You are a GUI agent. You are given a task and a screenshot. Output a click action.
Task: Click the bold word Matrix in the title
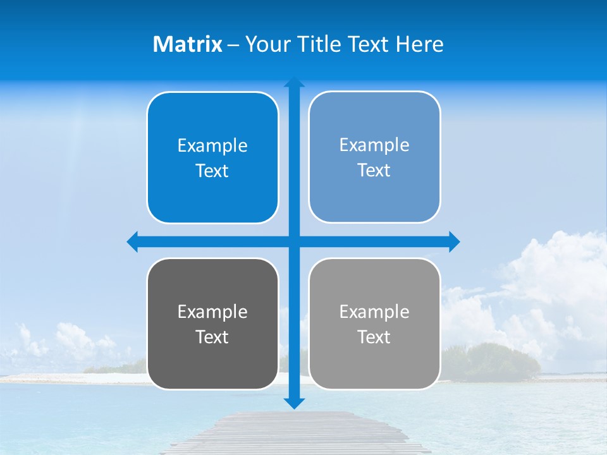[187, 44]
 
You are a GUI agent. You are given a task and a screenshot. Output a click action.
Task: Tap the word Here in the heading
[419, 44]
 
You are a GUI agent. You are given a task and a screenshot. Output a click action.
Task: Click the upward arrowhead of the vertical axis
[294, 82]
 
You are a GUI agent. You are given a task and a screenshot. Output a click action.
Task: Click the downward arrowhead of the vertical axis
[294, 403]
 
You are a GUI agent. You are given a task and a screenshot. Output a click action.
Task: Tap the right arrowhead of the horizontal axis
[453, 241]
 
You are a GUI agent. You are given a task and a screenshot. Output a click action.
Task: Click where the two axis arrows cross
[294, 241]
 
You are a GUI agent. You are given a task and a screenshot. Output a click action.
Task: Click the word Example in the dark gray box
[212, 312]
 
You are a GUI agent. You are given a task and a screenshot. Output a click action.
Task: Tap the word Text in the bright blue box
[212, 171]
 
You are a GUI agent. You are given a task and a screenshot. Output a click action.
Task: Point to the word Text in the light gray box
[374, 337]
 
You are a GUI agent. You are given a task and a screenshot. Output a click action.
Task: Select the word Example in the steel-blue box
[374, 145]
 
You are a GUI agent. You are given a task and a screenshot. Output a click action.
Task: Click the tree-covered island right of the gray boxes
[493, 360]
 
